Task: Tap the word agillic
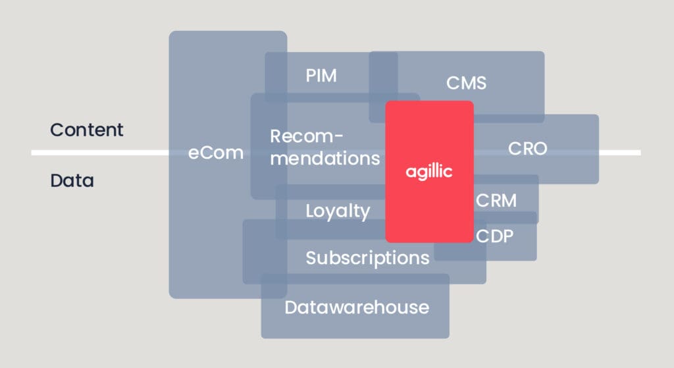tap(429, 171)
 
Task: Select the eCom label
tap(216, 153)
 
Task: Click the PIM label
tap(321, 76)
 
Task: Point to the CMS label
tap(466, 83)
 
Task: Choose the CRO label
tap(527, 149)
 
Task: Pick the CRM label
tap(496, 200)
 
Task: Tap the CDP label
tap(494, 236)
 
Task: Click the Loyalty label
tap(338, 211)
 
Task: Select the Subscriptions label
tap(367, 257)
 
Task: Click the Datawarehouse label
tap(357, 307)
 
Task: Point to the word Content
tap(87, 130)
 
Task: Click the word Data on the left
tap(72, 180)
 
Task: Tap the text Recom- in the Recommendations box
tap(307, 136)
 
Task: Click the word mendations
tap(325, 159)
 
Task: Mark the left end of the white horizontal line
tap(33, 153)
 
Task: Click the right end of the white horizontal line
tap(639, 153)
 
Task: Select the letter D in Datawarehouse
tap(291, 307)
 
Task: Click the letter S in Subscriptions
tap(311, 257)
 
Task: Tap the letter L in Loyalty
tap(310, 211)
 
